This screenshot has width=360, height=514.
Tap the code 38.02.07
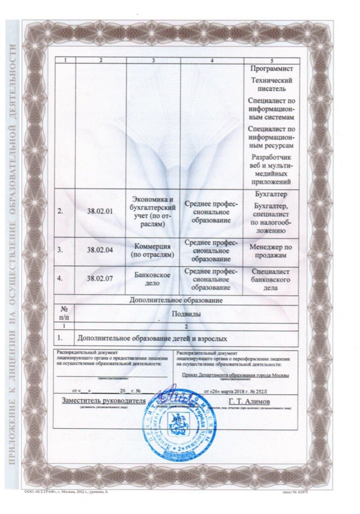click(99, 278)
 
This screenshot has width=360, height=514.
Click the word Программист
click(271, 68)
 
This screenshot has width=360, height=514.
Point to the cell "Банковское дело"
click(153, 279)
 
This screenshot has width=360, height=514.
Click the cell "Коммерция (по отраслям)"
click(153, 250)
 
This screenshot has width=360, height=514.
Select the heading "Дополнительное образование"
click(176, 300)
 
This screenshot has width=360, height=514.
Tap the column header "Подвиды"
click(186, 314)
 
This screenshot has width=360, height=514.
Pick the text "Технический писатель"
click(271, 84)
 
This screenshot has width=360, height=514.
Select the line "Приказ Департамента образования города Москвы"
click(235, 375)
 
